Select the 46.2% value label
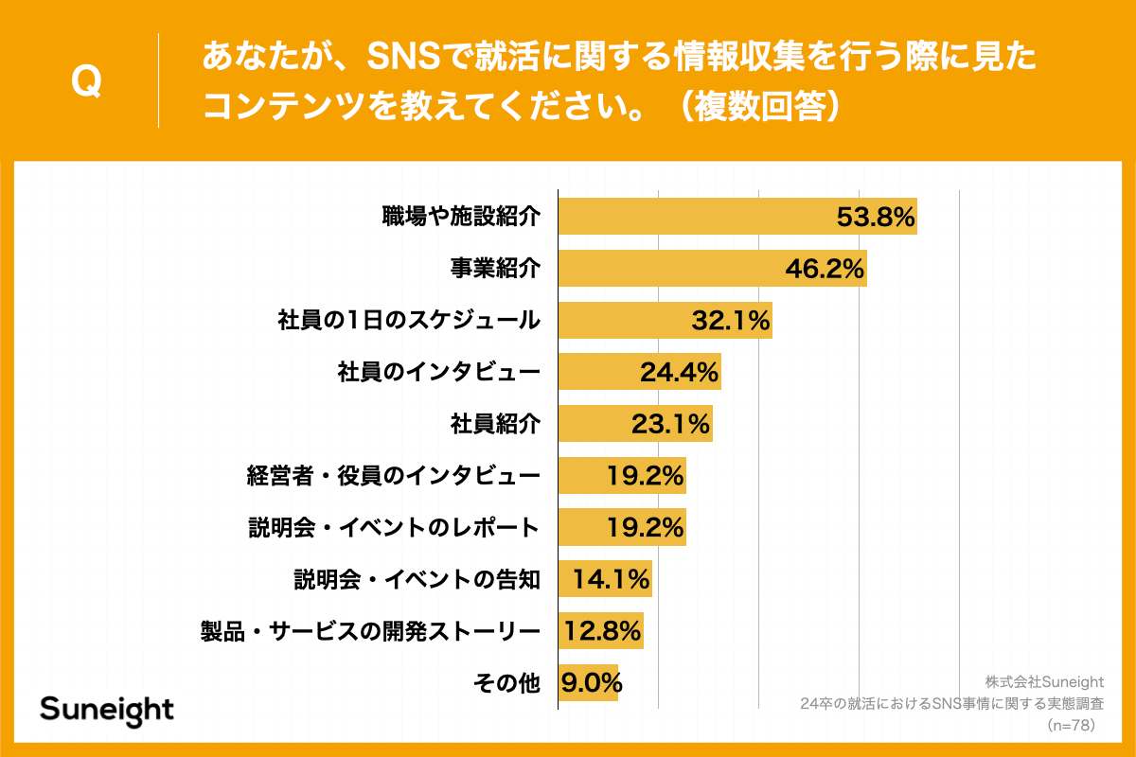point(825,269)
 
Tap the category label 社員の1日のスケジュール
point(409,320)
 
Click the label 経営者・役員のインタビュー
point(393,475)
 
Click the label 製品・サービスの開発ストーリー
point(370,630)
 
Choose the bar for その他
point(588,682)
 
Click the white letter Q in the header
point(86,81)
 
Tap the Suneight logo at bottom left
point(107,710)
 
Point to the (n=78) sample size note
point(1071,725)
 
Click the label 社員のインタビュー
point(439,372)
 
